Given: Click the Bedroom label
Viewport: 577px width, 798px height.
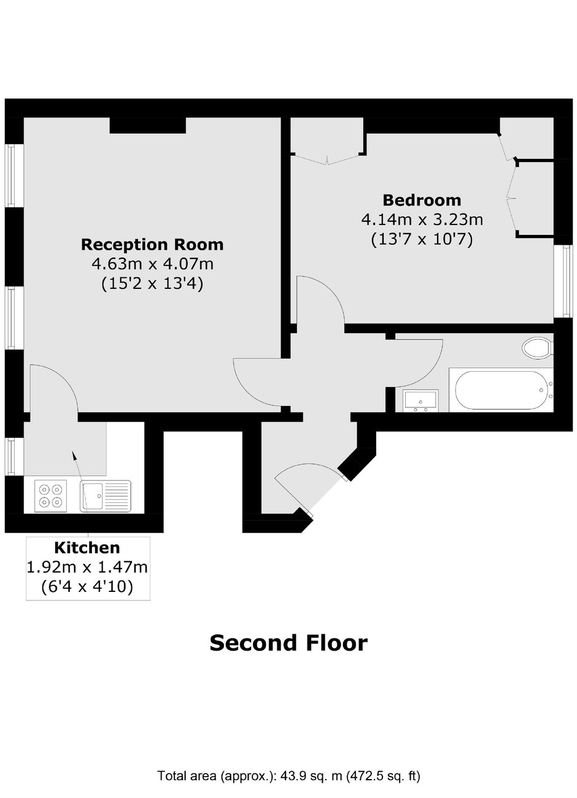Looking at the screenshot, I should click(422, 200).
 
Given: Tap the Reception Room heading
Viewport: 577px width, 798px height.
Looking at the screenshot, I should click(152, 245).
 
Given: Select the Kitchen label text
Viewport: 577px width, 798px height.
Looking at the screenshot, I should click(87, 548).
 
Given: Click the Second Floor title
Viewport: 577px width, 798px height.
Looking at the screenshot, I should click(288, 643).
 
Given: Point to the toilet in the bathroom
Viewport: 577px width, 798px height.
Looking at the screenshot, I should click(538, 348).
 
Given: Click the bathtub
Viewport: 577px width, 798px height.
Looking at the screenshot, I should click(500, 390).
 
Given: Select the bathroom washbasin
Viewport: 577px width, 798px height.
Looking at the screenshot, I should click(420, 401).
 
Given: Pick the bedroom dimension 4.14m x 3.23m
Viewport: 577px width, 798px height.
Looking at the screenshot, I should click(422, 219).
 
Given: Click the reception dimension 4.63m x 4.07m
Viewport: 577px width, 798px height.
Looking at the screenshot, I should click(152, 264).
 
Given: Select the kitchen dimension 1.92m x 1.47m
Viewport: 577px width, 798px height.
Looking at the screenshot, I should click(87, 567).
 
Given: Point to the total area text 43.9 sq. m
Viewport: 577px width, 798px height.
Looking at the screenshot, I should click(288, 776).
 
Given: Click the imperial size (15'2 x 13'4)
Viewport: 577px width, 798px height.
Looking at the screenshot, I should click(152, 284).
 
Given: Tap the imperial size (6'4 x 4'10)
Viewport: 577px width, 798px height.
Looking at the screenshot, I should click(87, 587).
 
